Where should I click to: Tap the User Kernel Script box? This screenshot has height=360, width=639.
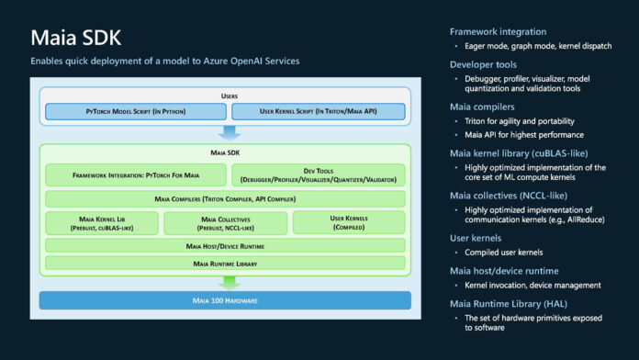coord(317,112)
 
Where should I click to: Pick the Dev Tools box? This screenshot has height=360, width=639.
coord(317,174)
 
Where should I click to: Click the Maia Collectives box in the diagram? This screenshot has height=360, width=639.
coord(225,222)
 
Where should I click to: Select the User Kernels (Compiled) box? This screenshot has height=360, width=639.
coord(348,222)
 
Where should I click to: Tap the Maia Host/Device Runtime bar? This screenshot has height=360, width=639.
coord(224,246)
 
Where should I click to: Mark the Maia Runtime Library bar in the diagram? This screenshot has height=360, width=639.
coord(224,263)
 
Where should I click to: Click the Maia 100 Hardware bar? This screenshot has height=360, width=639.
coord(224,299)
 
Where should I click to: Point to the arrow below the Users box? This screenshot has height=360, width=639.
coord(224,132)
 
